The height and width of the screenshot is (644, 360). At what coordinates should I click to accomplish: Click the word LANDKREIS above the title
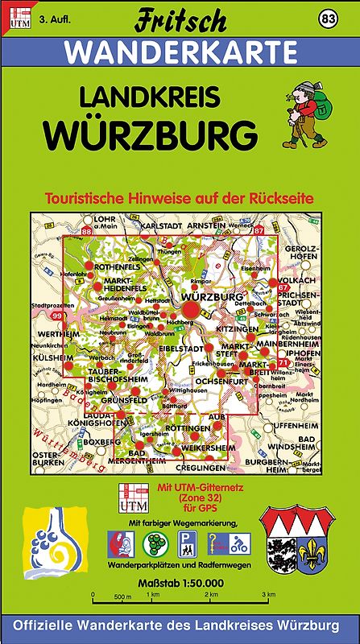tap(151, 97)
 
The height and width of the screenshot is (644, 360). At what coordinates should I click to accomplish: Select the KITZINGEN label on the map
tap(237, 329)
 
